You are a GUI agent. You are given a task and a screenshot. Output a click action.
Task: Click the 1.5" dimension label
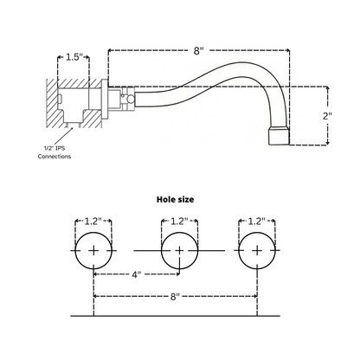[74, 57]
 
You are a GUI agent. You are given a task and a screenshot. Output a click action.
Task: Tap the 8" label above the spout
[198, 51]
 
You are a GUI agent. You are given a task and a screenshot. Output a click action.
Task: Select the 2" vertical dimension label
[327, 116]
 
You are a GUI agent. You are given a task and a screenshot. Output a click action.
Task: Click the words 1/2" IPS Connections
[55, 152]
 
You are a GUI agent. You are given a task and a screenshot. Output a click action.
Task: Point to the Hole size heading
[175, 199]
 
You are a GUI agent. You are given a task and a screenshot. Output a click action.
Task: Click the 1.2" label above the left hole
[93, 222]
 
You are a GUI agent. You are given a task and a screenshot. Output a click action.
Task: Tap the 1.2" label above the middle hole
[179, 222]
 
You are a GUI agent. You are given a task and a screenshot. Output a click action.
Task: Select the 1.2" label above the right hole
[256, 222]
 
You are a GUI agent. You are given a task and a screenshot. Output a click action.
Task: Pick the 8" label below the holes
[175, 297]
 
